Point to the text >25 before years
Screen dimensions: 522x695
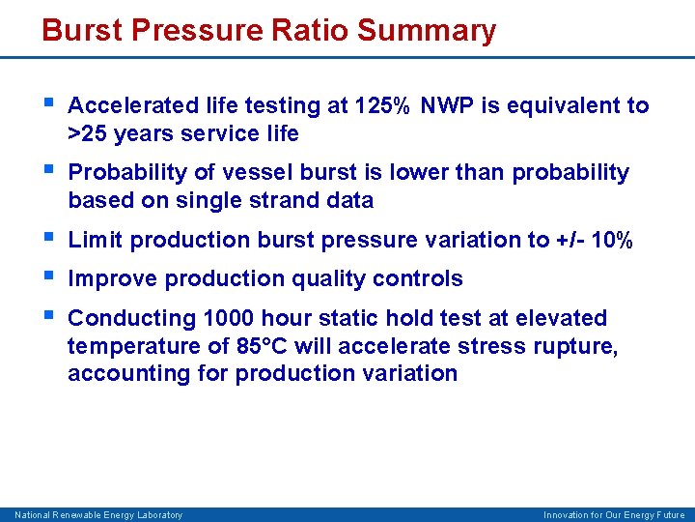(x=88, y=133)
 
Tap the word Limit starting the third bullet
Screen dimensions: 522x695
(x=96, y=240)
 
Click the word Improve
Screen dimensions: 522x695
(x=113, y=279)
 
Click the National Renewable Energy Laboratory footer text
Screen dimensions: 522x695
(x=98, y=515)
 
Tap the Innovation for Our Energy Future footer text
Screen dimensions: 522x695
(x=614, y=515)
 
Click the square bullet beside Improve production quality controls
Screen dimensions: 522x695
(x=50, y=278)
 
